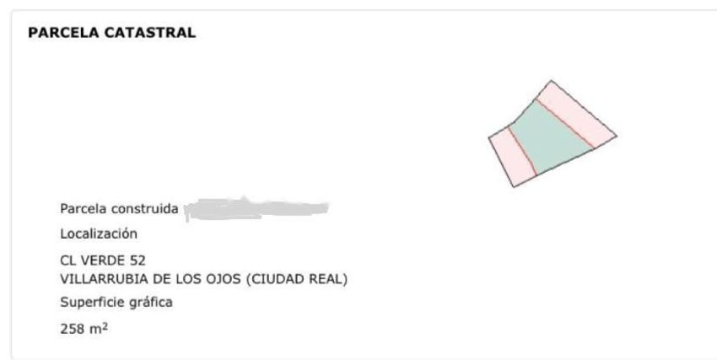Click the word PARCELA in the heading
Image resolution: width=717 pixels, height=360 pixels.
63,32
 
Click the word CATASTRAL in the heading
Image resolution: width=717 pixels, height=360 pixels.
150,32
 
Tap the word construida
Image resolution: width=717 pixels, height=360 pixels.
145,209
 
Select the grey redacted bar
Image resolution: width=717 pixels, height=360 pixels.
256,209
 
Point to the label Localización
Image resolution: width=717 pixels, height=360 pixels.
99,234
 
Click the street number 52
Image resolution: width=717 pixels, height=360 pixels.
137,261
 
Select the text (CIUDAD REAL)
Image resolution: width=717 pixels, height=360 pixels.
297,279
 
